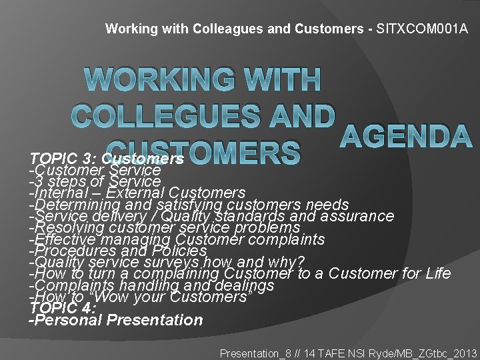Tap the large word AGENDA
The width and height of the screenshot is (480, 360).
pyautogui.click(x=406, y=137)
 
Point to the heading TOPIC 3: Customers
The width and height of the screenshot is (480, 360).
pyautogui.click(x=107, y=159)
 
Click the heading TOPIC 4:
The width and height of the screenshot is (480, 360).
pyautogui.click(x=64, y=308)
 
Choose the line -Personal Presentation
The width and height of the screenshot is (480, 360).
pyautogui.click(x=116, y=320)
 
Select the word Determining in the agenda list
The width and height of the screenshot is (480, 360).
pyautogui.click(x=73, y=205)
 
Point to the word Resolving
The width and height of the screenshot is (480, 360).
pyautogui.click(x=66, y=227)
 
